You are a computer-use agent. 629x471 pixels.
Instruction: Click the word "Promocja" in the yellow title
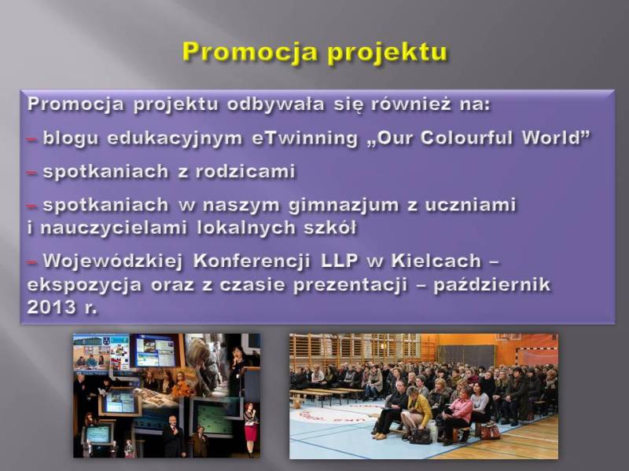tap(248, 51)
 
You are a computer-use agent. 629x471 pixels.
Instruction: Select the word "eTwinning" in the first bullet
tap(304, 138)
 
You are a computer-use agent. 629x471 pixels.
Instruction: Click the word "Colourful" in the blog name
tap(466, 137)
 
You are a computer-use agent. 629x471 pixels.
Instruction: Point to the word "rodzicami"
tap(245, 171)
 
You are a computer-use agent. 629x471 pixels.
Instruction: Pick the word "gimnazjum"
tap(344, 206)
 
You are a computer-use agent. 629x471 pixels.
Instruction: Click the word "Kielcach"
tap(436, 261)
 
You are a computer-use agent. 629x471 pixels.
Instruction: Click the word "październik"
tap(492, 285)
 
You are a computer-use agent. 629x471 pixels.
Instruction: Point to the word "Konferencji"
tap(252, 261)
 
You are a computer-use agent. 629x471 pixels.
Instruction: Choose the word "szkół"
tap(330, 228)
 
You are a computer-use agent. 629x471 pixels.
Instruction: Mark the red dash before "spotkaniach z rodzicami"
tap(32, 173)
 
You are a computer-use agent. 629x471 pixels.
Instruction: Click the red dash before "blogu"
tap(32, 140)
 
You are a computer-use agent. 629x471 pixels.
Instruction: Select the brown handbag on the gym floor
tap(489, 431)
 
